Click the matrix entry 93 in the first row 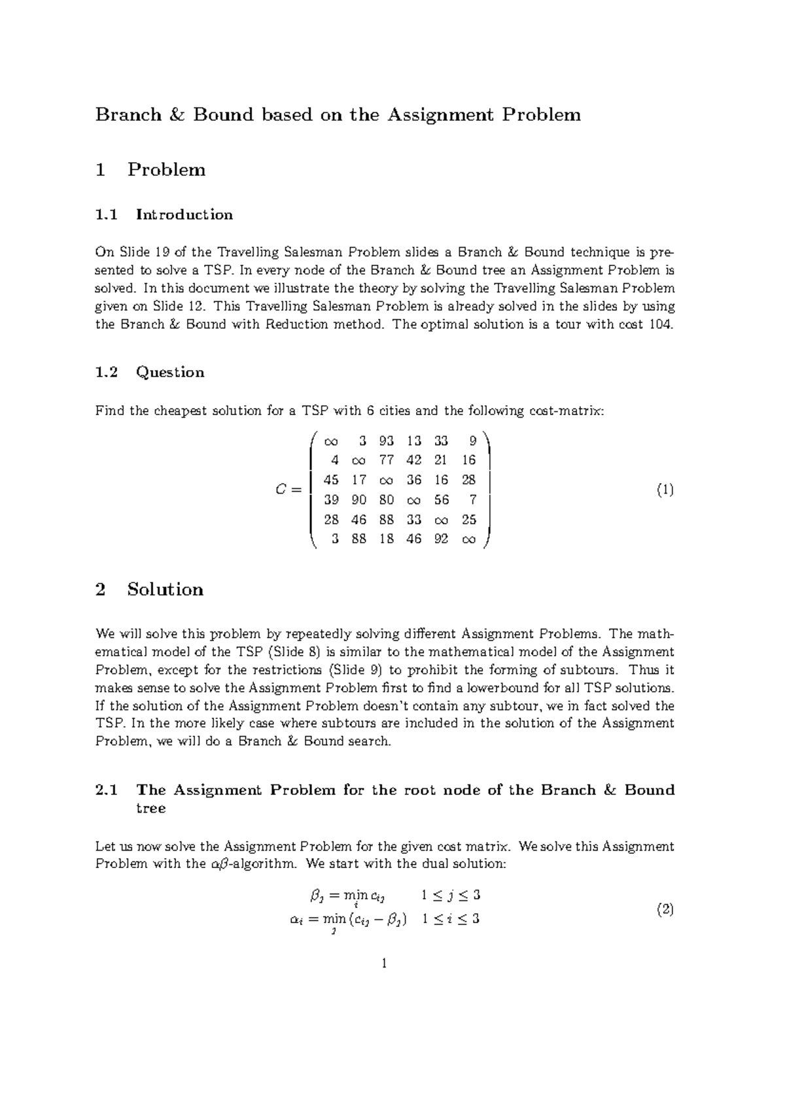click(386, 441)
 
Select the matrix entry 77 click(386, 461)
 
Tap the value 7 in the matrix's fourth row click(473, 500)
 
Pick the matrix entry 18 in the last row click(386, 540)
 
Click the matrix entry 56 click(442, 500)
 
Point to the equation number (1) click(665, 490)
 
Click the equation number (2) click(665, 909)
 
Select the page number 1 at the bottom click(385, 963)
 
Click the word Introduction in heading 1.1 click(184, 214)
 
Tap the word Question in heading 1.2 click(170, 372)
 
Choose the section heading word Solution click(165, 589)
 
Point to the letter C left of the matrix click(281, 490)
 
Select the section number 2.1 click(107, 790)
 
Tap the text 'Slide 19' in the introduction click(140, 252)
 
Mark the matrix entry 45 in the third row click(331, 480)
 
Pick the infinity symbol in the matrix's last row click(469, 541)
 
